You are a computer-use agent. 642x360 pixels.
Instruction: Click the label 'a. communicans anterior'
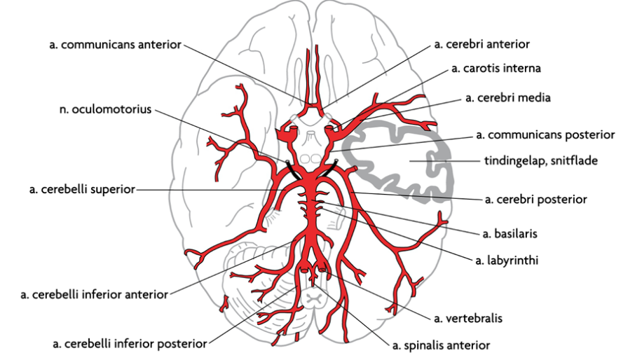(115, 45)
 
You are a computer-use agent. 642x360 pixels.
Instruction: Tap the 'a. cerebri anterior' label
(482, 44)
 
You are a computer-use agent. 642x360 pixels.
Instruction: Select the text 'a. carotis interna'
(496, 69)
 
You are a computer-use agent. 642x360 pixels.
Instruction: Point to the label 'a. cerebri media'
(508, 98)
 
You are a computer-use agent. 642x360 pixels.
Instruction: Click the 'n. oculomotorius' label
(106, 110)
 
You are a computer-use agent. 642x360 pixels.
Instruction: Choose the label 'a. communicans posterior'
(545, 135)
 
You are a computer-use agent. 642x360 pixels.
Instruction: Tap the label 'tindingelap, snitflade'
(541, 161)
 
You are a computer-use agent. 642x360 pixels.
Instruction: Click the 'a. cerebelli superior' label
(82, 189)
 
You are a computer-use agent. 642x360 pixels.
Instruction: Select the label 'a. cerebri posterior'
(536, 200)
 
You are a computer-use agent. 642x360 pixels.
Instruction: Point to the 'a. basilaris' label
(510, 234)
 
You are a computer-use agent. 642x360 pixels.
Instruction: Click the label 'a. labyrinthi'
(507, 260)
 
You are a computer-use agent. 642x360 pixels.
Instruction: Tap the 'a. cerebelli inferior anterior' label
(94, 295)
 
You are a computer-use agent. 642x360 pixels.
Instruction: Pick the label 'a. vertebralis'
(468, 318)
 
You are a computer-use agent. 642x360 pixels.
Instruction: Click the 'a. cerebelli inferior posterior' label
(130, 344)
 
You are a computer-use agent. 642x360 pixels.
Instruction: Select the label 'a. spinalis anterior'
(442, 346)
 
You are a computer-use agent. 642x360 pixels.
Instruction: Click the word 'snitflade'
(574, 161)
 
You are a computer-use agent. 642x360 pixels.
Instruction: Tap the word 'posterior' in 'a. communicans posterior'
(589, 135)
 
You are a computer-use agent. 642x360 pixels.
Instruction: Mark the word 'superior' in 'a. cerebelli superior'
(113, 190)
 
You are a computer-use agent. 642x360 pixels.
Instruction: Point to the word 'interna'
(522, 69)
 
